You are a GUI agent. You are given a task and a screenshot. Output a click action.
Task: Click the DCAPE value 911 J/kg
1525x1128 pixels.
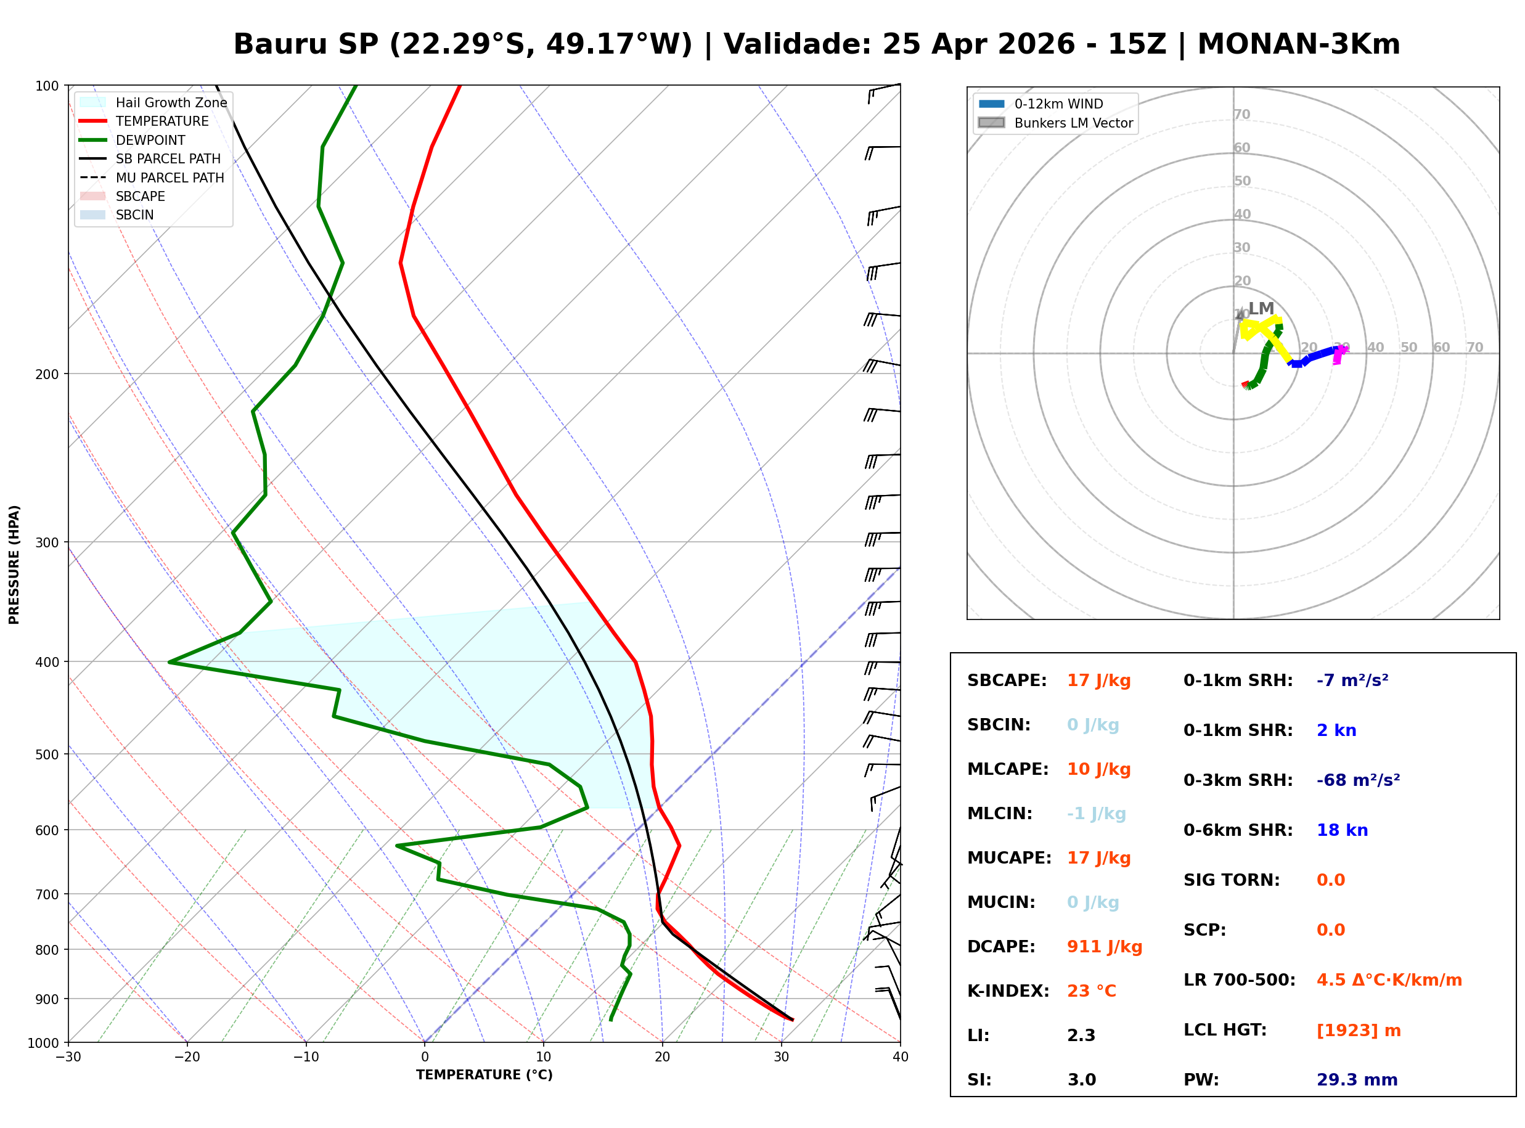(1104, 946)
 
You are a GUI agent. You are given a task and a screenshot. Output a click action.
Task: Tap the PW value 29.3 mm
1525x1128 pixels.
(1356, 1079)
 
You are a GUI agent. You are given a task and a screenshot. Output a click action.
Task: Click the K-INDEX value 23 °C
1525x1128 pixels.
(1091, 991)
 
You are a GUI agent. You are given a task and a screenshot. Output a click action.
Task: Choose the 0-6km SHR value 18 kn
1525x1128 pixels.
(1341, 830)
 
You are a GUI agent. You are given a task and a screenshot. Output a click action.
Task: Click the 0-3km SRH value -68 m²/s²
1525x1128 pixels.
(1358, 780)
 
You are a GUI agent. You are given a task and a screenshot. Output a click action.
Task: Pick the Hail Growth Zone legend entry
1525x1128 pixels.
(171, 102)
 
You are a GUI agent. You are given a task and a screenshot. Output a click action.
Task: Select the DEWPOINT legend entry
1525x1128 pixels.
(150, 140)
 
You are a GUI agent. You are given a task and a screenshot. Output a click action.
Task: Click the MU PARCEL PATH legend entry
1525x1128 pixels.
(170, 178)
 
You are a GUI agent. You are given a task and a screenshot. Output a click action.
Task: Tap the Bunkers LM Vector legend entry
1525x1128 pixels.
(1073, 123)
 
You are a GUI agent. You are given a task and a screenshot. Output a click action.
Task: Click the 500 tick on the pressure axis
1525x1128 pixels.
(46, 754)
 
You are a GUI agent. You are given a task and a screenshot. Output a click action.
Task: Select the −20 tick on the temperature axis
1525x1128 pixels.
(186, 1056)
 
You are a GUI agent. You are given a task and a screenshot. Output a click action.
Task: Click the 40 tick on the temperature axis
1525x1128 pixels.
(900, 1056)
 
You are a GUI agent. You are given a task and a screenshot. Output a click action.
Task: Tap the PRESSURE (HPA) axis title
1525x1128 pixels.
(14, 564)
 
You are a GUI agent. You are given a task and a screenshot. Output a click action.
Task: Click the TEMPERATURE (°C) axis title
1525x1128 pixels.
(484, 1075)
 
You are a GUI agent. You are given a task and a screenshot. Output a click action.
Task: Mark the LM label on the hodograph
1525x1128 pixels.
(1260, 308)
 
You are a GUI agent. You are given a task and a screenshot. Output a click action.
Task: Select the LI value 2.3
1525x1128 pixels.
(1081, 1035)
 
